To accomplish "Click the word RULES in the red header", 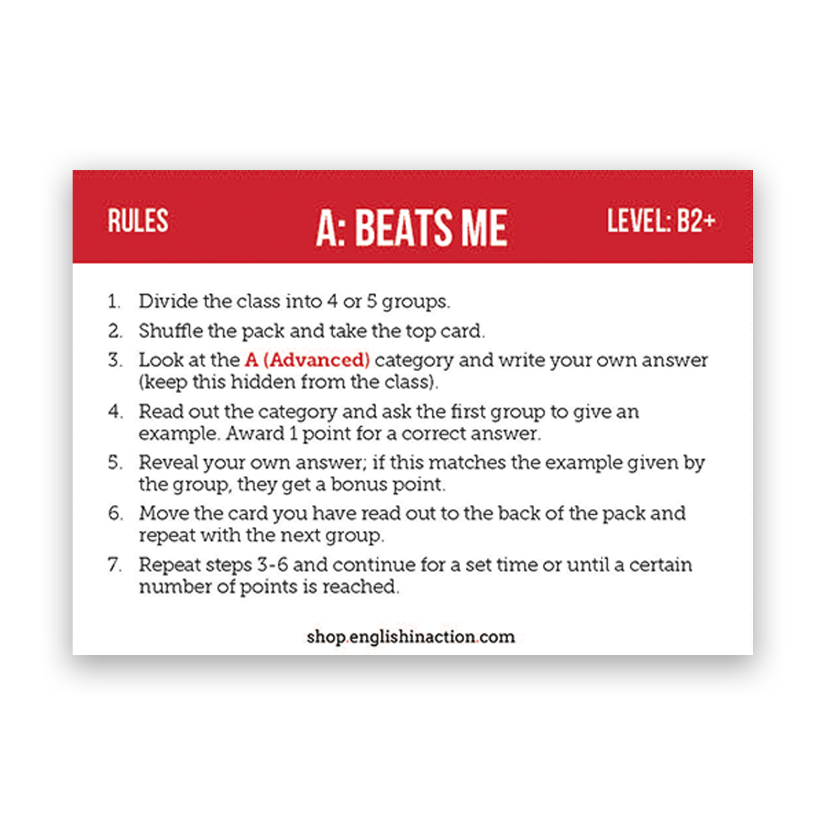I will (137, 221).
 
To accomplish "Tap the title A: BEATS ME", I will (411, 228).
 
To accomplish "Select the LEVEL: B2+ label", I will (661, 221).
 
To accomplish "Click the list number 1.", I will (113, 301).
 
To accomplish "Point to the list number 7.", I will (114, 564).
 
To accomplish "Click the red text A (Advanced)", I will (307, 360).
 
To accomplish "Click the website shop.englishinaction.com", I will (410, 636).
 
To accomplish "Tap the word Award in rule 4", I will (255, 433).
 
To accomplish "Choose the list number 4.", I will (114, 411).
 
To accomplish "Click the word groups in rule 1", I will (415, 302).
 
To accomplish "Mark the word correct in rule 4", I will (433, 433).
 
